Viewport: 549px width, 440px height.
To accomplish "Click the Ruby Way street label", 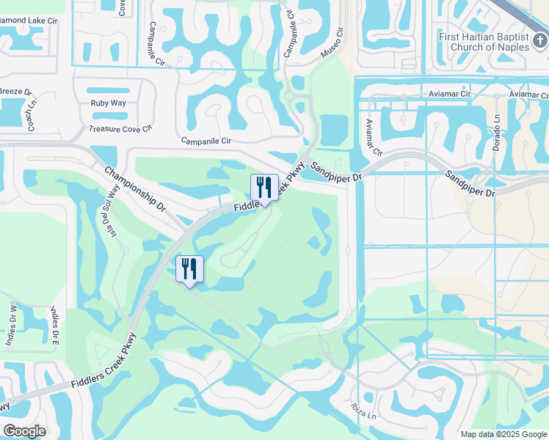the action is pyautogui.click(x=109, y=103).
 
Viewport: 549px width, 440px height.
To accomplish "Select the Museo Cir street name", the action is pyautogui.click(x=331, y=45).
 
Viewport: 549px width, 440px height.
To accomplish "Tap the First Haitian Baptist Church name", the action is pyautogui.click(x=484, y=42).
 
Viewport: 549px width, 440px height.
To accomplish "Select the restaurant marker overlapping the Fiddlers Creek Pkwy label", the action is pyautogui.click(x=264, y=188).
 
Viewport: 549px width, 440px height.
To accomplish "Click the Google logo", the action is pyautogui.click(x=24, y=431).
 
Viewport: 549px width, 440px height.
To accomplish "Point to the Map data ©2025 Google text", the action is pyautogui.click(x=503, y=434).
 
